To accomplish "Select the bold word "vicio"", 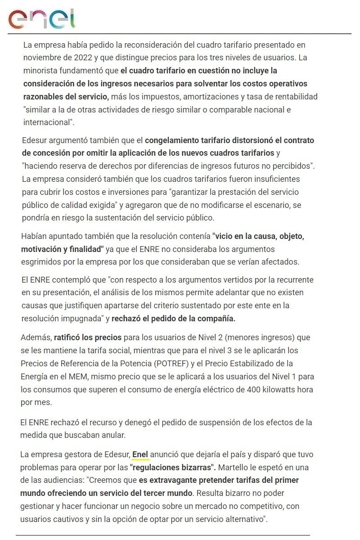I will point(225,236).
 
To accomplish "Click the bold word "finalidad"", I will point(86,249).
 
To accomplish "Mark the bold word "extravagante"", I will point(163,480).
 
